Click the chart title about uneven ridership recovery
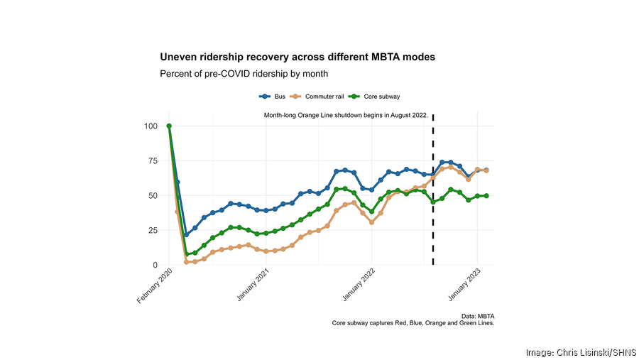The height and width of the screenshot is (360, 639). (297, 56)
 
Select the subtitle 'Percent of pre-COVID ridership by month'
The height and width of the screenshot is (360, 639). (244, 73)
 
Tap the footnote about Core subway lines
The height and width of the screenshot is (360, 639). (413, 323)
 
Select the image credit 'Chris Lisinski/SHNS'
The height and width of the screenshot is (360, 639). (581, 352)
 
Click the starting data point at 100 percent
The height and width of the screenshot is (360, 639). (169, 126)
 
